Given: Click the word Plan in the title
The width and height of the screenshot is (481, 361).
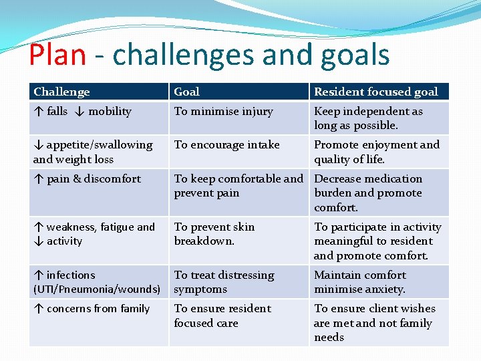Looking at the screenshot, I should coord(57,55).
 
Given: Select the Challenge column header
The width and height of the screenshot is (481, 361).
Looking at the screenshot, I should coord(61,92).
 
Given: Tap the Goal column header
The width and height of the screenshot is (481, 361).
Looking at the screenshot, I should coord(186,92).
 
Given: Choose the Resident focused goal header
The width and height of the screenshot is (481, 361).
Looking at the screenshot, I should coord(375,92).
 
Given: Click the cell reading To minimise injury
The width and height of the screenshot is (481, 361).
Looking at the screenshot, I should coord(223,112).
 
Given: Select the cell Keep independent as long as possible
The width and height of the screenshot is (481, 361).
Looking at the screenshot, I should coord(368,118).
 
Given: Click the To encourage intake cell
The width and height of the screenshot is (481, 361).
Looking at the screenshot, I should coord(226,145).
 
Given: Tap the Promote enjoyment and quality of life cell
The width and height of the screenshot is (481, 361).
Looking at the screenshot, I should coord(376,152).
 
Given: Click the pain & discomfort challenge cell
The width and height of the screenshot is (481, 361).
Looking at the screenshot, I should coord(87,179).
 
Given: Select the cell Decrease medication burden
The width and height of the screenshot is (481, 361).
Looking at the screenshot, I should coord(368,193).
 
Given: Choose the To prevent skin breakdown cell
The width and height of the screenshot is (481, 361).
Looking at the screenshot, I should coord(214,234).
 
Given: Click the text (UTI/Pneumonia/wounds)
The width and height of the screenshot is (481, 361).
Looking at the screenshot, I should coord(96,289).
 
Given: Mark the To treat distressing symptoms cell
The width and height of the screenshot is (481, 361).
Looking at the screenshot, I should coord(224,282).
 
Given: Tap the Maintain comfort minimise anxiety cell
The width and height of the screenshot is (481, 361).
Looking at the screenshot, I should coord(360,282).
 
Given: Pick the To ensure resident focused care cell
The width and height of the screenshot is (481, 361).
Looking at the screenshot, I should coord(222,316).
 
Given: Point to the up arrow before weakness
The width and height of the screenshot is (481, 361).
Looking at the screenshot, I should coord(38,227).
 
